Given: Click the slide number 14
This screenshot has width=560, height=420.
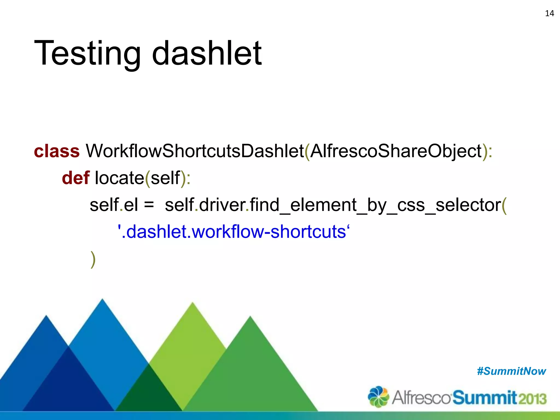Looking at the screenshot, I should [x=549, y=13].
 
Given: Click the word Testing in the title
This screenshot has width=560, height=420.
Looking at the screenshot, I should [x=87, y=53].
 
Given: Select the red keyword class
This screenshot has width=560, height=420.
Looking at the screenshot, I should [x=57, y=151].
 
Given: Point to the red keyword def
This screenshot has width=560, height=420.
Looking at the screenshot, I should [x=75, y=178].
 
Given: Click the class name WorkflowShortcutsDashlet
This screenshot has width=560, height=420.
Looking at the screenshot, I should [x=195, y=151].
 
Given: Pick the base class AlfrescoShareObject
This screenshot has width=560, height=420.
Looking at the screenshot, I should [x=396, y=151].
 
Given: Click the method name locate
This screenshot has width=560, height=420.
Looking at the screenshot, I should [x=119, y=178].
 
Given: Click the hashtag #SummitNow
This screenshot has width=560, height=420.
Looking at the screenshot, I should [x=511, y=371].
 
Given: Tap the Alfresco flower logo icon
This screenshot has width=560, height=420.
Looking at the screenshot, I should [x=378, y=396].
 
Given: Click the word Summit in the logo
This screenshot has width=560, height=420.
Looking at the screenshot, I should [x=485, y=398].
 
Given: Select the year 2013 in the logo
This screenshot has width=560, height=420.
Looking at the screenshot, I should [x=532, y=399].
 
